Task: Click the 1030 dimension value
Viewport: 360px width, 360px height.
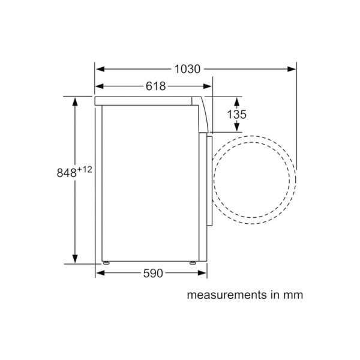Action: [187, 69]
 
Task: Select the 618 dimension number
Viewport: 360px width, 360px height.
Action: [155, 86]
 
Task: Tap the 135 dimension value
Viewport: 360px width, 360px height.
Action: [237, 115]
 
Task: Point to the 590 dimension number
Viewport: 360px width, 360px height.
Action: [153, 273]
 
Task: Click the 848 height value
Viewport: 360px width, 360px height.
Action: [67, 173]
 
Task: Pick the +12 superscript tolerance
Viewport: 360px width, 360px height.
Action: [85, 170]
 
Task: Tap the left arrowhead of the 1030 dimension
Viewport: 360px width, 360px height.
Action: [100, 69]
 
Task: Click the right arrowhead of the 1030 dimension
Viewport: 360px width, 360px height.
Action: [292, 69]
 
